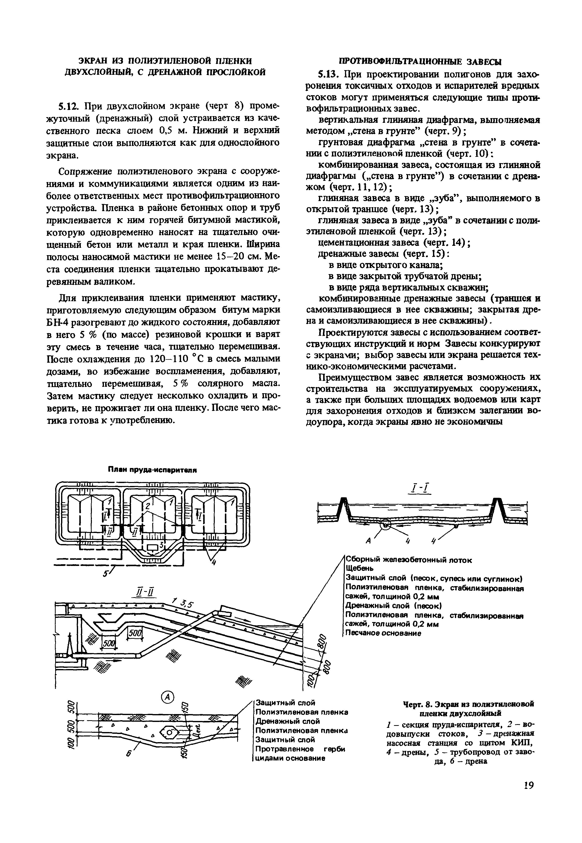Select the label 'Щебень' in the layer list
point(359,568)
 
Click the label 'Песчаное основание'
point(383,634)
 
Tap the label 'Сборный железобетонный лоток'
point(408,560)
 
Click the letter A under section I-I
point(368,541)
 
